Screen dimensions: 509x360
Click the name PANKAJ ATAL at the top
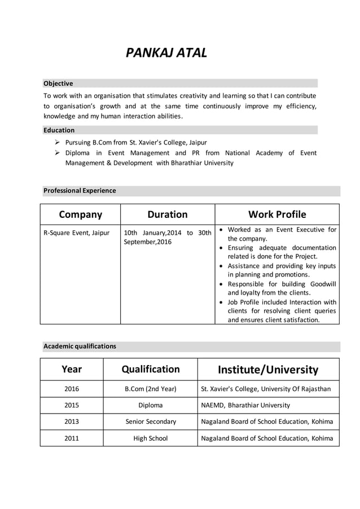tap(166, 54)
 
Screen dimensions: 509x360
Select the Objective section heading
tap(58, 84)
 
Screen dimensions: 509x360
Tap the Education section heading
tap(59, 130)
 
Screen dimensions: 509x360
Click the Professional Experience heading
tap(80, 191)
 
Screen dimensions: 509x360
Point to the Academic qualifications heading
tap(80, 346)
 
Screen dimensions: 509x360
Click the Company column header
tap(80, 214)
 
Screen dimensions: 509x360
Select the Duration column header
tap(167, 214)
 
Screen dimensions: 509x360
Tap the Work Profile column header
tap(277, 214)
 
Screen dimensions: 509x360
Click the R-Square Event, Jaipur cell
tap(76, 232)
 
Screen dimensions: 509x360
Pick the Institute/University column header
tap(268, 370)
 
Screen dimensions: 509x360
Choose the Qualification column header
tap(151, 369)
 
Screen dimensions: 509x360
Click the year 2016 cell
tap(72, 389)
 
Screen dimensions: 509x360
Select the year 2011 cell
tap(72, 438)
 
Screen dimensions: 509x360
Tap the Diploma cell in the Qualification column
tap(151, 405)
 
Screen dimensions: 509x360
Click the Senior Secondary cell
tap(151, 422)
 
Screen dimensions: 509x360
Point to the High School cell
tap(151, 438)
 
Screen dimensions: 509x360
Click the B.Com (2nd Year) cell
tap(151, 389)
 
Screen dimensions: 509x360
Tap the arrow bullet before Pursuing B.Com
tap(58, 143)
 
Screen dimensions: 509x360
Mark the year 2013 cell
tap(72, 422)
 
